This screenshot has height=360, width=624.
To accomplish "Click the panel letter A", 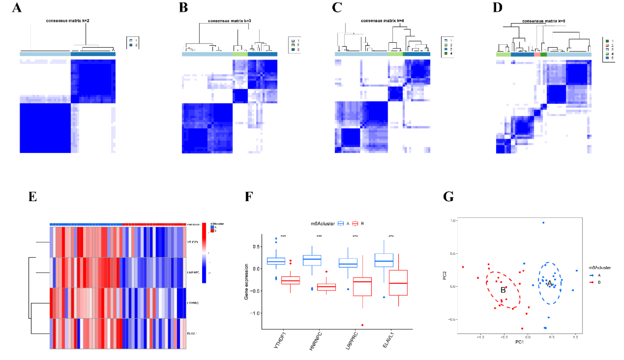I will [x=17, y=8].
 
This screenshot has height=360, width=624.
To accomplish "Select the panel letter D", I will [x=497, y=8].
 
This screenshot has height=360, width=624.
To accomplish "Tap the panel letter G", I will [x=448, y=197].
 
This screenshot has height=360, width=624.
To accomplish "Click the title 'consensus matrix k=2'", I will [x=67, y=21].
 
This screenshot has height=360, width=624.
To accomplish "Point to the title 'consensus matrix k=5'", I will [x=544, y=21].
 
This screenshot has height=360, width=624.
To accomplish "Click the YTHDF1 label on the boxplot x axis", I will [x=280, y=340].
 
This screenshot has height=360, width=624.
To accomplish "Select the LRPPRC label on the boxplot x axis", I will [x=352, y=341].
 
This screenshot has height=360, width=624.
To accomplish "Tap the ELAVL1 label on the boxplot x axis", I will [x=388, y=340].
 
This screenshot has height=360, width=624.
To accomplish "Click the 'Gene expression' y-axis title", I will [x=246, y=282].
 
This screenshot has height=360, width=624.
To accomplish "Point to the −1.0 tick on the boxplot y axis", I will [x=256, y=313].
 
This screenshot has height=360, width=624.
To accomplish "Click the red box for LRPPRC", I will [x=362, y=287].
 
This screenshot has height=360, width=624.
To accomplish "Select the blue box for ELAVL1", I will [x=384, y=260].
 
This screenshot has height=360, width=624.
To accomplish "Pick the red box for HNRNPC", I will [x=326, y=287].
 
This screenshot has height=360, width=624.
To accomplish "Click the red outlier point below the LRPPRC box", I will [x=362, y=325].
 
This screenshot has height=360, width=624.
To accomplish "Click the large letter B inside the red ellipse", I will [x=503, y=290].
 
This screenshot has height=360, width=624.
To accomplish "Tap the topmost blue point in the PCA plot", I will [x=543, y=223].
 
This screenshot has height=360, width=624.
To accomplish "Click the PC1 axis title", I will [x=519, y=342].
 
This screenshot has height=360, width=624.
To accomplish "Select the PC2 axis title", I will [x=445, y=276].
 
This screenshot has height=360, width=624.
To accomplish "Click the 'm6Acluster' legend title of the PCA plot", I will [x=599, y=268].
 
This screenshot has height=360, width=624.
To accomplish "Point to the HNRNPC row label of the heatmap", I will [x=193, y=273].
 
